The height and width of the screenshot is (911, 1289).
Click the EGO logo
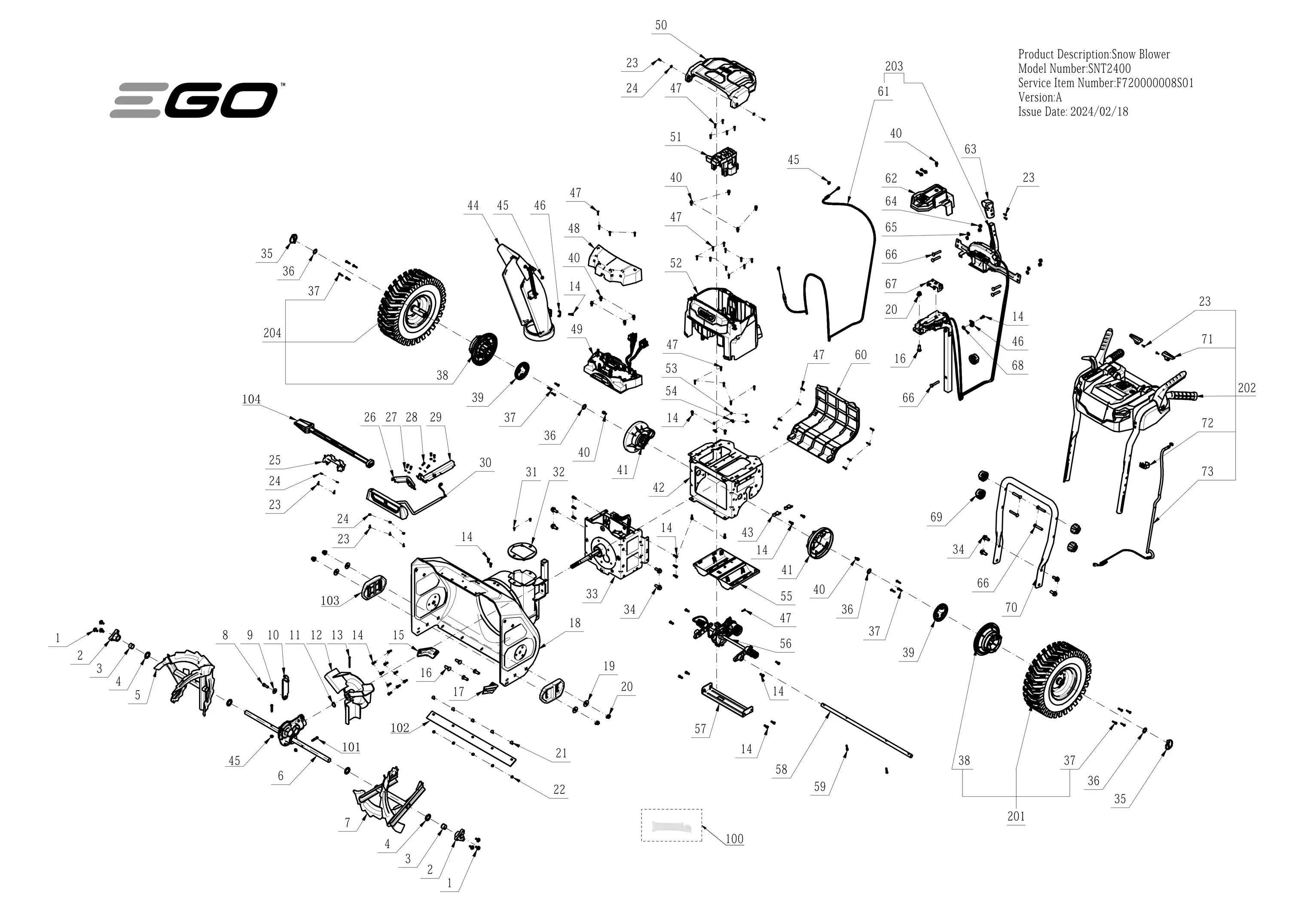[x=194, y=100]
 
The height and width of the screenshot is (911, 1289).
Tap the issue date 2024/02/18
[x=1099, y=111]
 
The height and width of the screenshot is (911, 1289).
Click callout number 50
[x=661, y=25]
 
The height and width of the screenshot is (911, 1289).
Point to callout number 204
[x=272, y=333]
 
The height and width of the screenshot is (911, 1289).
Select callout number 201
[x=1016, y=816]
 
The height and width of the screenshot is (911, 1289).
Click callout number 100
[x=734, y=838]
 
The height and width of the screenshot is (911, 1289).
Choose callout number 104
[x=251, y=399]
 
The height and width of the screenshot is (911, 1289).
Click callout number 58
[x=782, y=769]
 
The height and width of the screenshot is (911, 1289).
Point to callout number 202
[x=1246, y=388]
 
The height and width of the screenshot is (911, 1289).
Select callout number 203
[x=894, y=66]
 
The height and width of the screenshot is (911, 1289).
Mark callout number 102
[x=400, y=728]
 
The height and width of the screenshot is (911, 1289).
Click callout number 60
[x=861, y=355]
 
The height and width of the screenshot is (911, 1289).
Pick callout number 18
[x=575, y=622]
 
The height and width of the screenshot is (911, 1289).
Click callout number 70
[x=1011, y=607]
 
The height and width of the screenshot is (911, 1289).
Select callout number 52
[x=676, y=263]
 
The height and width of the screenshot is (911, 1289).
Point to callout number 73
[x=1207, y=472]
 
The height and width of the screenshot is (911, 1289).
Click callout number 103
[x=330, y=600]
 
